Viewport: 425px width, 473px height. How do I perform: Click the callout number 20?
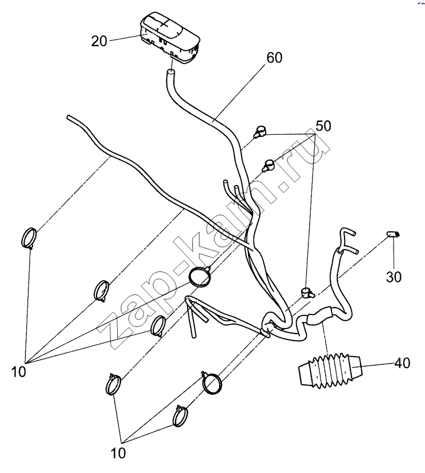coord(99,41)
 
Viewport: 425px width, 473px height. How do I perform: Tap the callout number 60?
coord(275,58)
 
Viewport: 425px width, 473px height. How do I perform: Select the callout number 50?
coord(323,126)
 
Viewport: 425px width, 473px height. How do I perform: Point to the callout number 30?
coord(394,276)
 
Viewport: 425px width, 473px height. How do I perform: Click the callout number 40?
coord(402,364)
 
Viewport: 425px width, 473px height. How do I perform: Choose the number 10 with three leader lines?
coord(118,453)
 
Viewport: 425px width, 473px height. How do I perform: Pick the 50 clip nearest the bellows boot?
coord(305,291)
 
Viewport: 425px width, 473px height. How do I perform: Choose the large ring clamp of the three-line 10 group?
coord(211,383)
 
